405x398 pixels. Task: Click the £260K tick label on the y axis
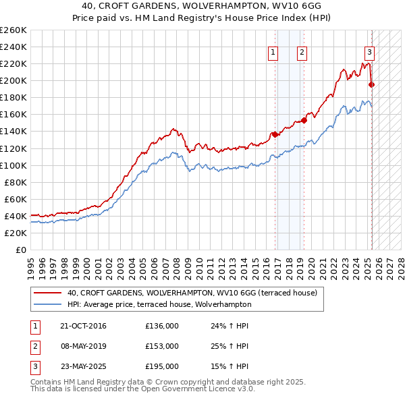(x=13, y=30)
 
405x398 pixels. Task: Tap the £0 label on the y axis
(x=22, y=250)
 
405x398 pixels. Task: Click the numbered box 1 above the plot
(x=273, y=53)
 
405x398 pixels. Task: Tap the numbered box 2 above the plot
(x=301, y=53)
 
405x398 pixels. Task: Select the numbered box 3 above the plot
(x=370, y=53)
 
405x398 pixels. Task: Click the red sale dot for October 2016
(x=275, y=135)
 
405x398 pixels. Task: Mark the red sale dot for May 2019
(x=304, y=120)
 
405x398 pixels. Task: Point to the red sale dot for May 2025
(x=372, y=84)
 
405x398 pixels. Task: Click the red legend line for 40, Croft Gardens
(x=47, y=293)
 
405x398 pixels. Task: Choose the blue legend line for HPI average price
(x=47, y=304)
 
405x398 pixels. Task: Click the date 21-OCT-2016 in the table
(x=83, y=326)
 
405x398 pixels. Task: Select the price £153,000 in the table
(x=162, y=346)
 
